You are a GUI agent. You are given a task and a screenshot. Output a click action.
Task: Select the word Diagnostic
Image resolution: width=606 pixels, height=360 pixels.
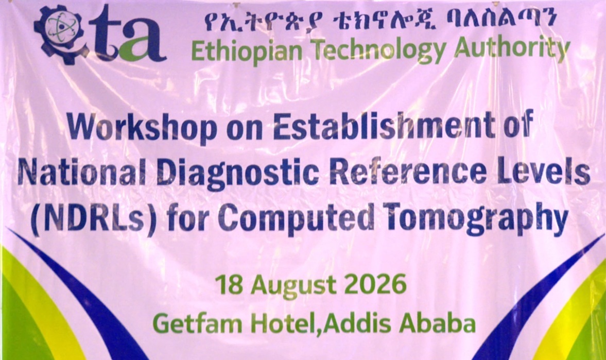pyautogui.click(x=238, y=174)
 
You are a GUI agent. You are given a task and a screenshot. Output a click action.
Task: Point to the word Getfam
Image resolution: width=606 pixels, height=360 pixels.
pyautogui.click(x=198, y=323)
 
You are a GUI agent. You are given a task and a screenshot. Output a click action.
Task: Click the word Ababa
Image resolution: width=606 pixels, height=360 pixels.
pyautogui.click(x=438, y=323)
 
